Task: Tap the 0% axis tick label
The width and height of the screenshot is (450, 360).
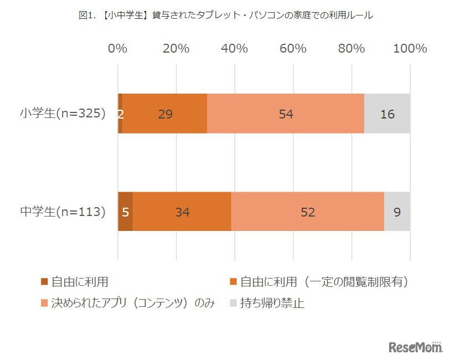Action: click(118, 49)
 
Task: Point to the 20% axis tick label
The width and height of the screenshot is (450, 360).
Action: click(176, 49)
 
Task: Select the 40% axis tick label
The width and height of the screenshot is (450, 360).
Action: click(234, 49)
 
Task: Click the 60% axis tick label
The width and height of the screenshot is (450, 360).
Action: click(293, 49)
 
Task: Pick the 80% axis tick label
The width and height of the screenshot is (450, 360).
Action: click(351, 49)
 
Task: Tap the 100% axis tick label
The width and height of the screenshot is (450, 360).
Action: click(410, 49)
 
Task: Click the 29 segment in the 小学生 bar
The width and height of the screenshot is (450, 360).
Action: click(165, 114)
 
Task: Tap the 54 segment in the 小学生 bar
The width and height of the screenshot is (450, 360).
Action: click(286, 114)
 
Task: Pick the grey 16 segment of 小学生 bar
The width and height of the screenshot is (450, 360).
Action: click(387, 114)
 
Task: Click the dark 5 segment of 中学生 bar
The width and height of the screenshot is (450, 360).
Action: click(126, 212)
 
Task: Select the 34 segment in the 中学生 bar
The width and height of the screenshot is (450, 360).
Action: click(182, 212)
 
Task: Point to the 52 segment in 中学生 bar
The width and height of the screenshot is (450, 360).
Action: click(308, 212)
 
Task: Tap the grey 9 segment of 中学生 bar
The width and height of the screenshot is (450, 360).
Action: click(397, 212)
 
